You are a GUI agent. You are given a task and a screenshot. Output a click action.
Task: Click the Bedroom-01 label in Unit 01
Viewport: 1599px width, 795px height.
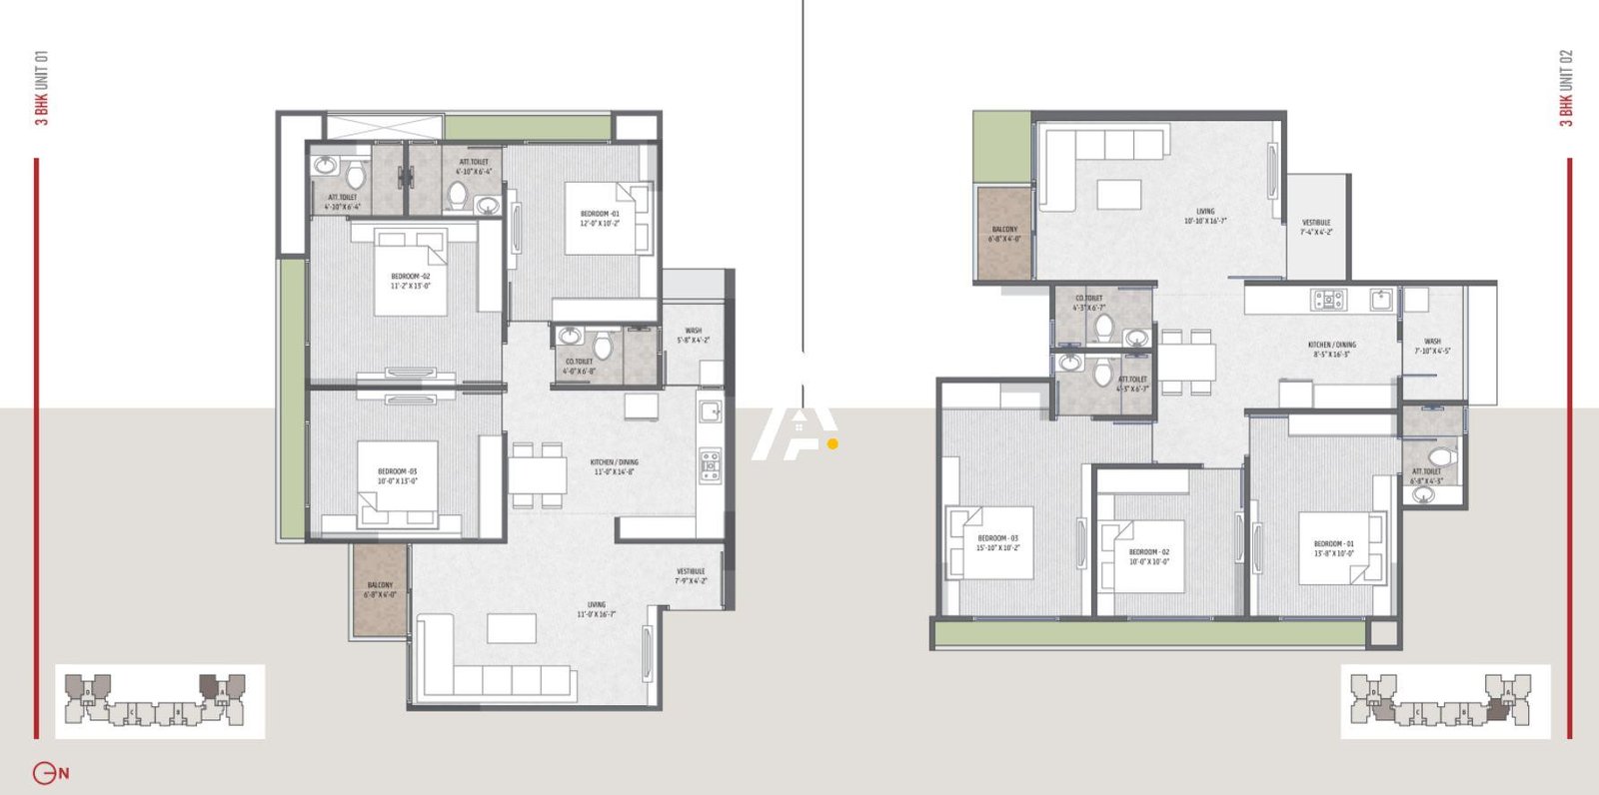click(600, 218)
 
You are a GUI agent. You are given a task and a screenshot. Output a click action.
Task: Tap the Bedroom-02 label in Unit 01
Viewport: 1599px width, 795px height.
click(410, 281)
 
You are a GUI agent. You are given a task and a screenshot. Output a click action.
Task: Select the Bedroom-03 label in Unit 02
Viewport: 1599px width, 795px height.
click(997, 542)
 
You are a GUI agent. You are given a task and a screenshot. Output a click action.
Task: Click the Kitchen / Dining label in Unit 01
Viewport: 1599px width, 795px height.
click(614, 466)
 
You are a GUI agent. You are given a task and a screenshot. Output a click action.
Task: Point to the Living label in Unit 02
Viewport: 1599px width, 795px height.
click(1205, 216)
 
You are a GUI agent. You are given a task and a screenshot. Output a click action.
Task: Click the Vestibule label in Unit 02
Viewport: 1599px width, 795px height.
click(1316, 227)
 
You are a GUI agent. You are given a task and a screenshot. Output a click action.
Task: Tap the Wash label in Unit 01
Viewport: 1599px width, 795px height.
click(693, 335)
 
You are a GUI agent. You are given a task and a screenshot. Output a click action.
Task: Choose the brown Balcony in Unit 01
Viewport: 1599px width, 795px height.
click(380, 589)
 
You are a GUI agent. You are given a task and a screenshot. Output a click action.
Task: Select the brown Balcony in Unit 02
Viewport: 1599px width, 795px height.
click(1004, 234)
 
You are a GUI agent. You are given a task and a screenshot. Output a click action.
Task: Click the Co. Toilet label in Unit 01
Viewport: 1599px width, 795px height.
click(579, 366)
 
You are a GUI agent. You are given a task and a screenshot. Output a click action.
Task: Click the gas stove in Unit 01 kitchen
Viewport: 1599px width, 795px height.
click(710, 465)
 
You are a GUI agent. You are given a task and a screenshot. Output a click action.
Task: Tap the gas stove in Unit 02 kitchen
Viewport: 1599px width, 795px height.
click(1329, 299)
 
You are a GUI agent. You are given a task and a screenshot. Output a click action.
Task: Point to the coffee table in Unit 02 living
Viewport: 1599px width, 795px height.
click(1118, 194)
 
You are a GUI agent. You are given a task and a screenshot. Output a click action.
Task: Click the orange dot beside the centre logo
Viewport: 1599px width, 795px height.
click(832, 444)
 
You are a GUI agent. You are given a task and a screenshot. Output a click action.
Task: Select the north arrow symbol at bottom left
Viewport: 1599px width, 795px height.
click(50, 773)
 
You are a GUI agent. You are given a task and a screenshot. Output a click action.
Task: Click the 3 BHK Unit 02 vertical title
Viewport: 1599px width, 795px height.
click(1566, 88)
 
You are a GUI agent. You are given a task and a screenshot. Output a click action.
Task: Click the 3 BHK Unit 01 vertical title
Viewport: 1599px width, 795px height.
click(41, 88)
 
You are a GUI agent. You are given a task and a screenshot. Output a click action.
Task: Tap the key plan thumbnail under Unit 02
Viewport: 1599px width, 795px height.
click(1445, 701)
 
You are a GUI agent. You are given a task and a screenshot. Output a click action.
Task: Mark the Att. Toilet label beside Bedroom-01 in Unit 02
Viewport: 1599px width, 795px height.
click(1426, 475)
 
